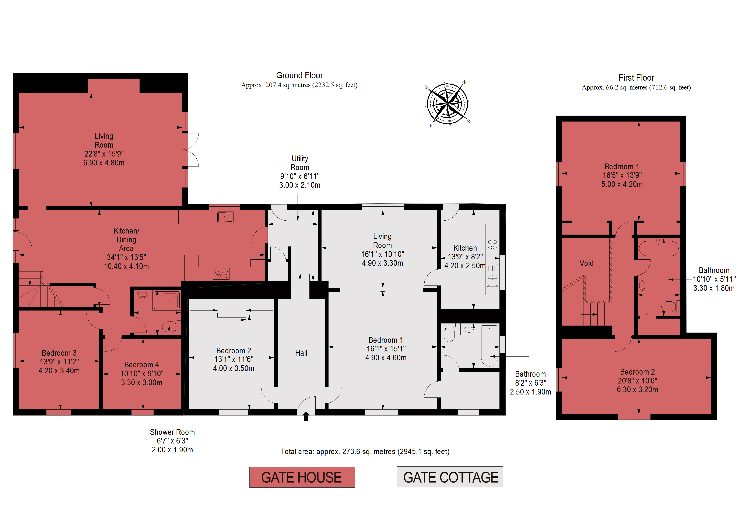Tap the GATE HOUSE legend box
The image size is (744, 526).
click(x=302, y=477)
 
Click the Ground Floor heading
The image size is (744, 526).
click(x=299, y=76)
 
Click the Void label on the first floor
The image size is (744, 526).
click(x=586, y=263)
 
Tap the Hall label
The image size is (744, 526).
click(x=301, y=353)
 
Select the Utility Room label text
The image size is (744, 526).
click(x=300, y=163)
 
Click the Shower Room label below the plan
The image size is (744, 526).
click(x=172, y=432)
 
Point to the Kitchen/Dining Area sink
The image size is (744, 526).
click(x=225, y=217)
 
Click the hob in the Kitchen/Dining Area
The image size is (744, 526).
click(x=221, y=274)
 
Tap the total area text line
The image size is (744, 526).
click(x=365, y=452)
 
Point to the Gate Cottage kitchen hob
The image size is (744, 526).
click(x=492, y=245)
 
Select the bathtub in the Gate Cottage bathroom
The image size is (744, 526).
click(x=489, y=346)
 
